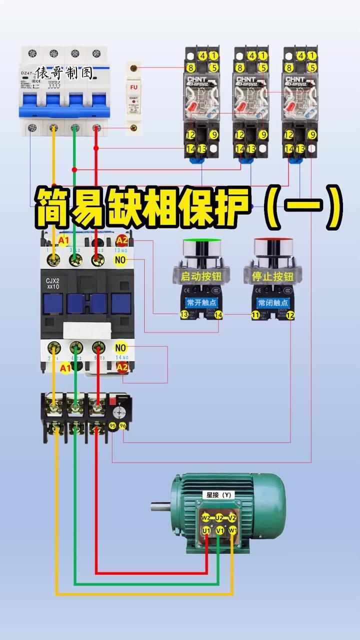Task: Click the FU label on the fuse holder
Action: point(133,87)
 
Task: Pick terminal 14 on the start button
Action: point(218,315)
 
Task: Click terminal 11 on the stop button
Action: point(255,315)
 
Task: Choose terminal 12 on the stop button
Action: point(290,315)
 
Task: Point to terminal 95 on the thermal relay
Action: point(112,425)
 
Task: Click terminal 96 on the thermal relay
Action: point(122,425)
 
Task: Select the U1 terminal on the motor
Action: point(206,530)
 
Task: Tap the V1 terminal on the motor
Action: point(219,530)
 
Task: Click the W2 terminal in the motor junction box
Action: point(205,517)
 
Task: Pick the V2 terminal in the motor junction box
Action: point(232,517)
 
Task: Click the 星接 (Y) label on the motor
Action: point(219,495)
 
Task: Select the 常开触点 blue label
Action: point(201,303)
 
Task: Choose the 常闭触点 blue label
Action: point(272,303)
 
